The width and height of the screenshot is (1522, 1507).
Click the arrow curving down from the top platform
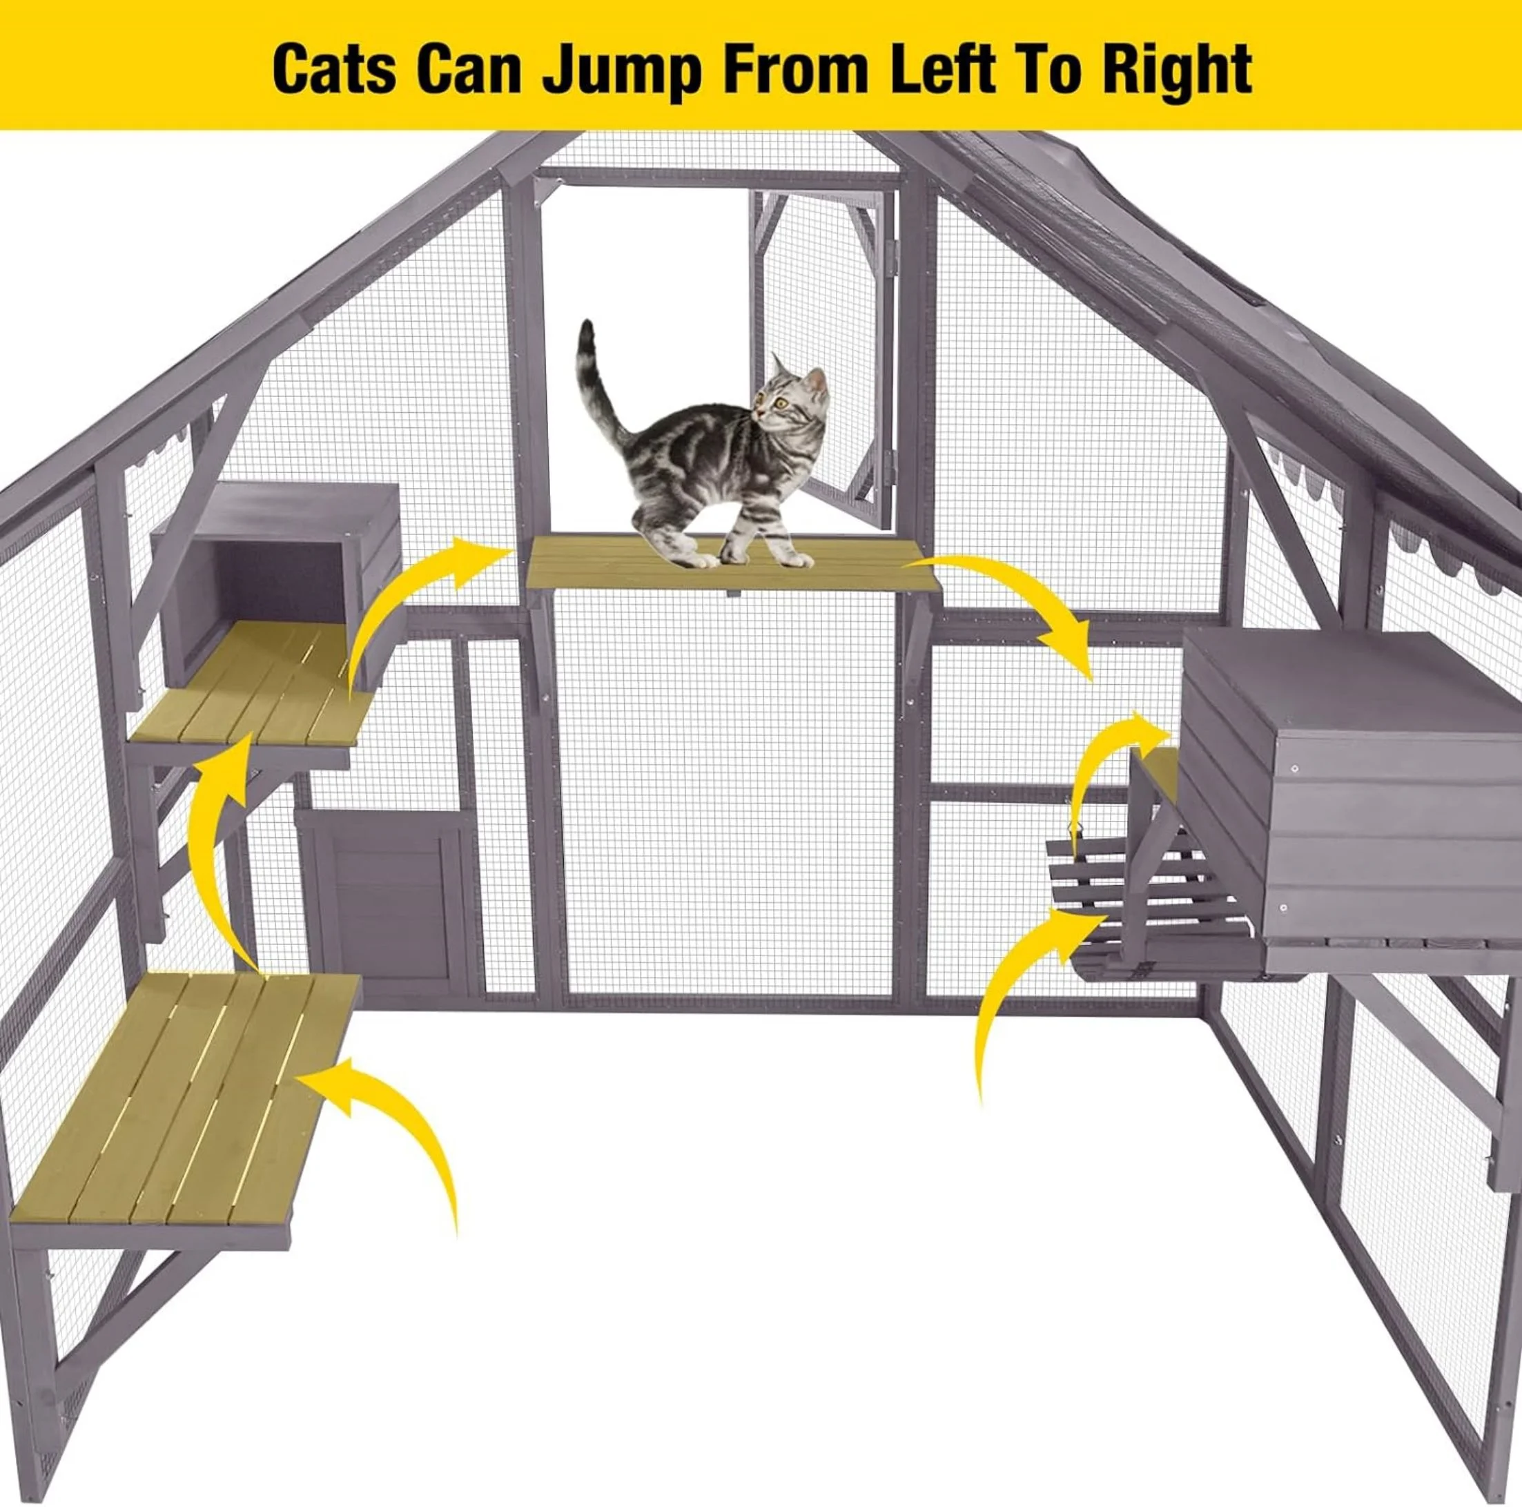click(1024, 591)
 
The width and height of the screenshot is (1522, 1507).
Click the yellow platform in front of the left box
click(252, 681)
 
